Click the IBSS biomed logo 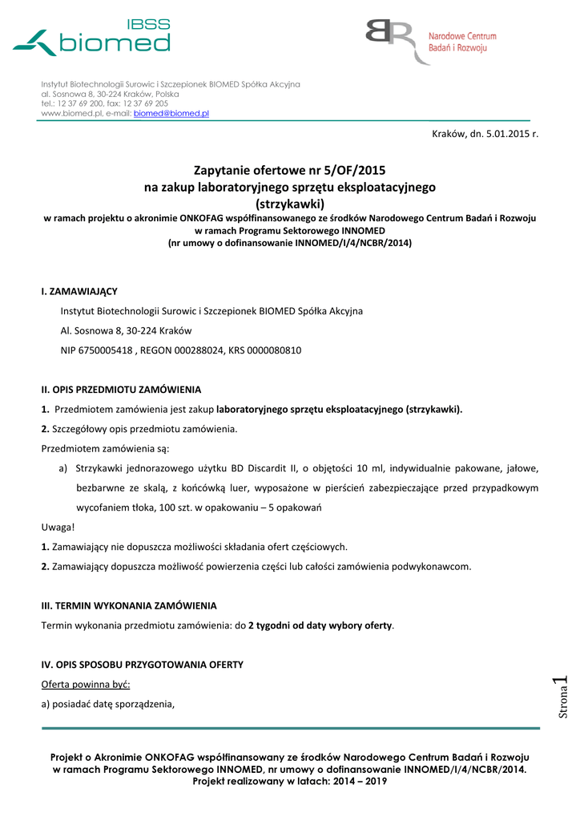(91, 38)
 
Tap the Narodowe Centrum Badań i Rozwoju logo (431, 42)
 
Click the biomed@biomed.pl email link (171, 114)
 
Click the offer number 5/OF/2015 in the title (352, 170)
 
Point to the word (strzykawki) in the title (289, 204)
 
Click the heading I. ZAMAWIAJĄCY (79, 291)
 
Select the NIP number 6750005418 (106, 350)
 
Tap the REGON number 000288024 (196, 350)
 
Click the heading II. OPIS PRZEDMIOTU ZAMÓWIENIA (121, 390)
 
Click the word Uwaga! (58, 527)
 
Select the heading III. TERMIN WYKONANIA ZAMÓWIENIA (128, 605)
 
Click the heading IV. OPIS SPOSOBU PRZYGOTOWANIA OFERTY (142, 665)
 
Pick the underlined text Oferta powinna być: (85, 684)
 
